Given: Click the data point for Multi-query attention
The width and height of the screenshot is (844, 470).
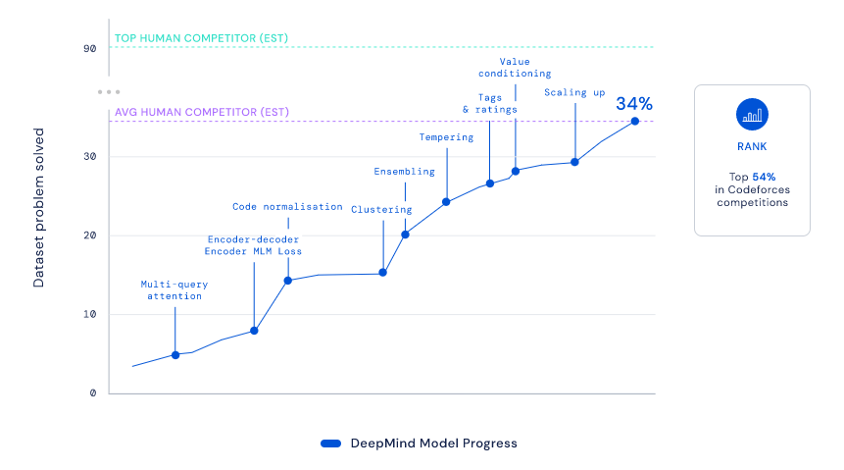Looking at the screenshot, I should coord(175,354).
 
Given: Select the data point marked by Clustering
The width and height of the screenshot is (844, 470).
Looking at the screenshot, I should coord(382,272).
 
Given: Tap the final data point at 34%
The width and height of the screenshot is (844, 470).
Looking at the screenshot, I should coord(634,121).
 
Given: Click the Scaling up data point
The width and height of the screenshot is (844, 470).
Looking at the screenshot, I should coord(574,162).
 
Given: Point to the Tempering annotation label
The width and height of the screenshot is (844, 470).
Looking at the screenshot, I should coord(446,137).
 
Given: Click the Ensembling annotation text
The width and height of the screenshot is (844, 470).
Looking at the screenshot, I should coord(404,172).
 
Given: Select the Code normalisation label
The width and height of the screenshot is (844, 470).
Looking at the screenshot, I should coord(287,207).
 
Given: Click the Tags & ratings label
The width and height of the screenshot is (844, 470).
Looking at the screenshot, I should coord(489,103).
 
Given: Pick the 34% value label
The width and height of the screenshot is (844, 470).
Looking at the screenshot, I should coord(633,103).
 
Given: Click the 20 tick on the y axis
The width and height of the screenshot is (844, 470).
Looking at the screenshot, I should coord(89,235).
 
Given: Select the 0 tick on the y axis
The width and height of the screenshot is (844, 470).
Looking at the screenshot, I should coord(92,392).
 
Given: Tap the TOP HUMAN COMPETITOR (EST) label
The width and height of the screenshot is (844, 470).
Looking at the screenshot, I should coord(201,39).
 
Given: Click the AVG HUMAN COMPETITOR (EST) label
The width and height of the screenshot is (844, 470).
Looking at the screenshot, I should coord(201,112).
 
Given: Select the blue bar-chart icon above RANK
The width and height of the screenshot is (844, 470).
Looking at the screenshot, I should coord(752,115).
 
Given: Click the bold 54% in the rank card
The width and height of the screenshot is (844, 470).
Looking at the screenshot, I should coord(764,177).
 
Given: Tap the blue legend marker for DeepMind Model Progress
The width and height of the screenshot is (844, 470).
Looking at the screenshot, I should coord(330,444).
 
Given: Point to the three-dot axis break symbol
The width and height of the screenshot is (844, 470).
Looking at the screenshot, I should coord(108,91).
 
